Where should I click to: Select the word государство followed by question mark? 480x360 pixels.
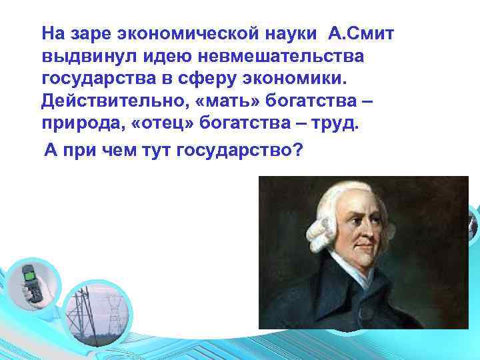[x=239, y=151]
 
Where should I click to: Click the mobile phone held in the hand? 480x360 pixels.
[x=32, y=283]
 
